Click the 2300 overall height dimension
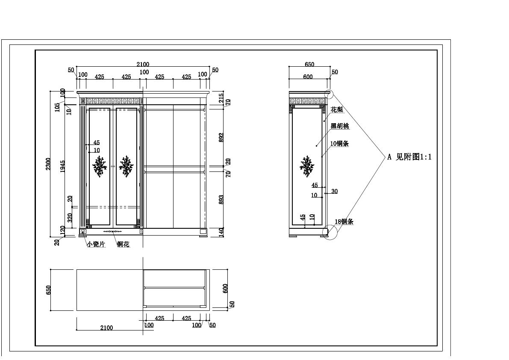tap(48, 164)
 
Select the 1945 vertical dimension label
tap(62, 166)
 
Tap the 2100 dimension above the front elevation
tap(143, 65)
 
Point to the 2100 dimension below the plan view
tap(106, 328)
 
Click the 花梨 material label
tap(337, 110)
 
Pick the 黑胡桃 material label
tap(340, 126)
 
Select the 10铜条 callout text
tap(340, 144)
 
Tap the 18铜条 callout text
tap(344, 222)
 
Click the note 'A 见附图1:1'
tap(409, 157)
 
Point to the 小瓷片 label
tap(96, 244)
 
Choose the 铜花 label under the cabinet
tap(123, 244)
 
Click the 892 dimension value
tap(221, 137)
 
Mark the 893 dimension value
tap(221, 200)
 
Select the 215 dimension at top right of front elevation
tap(221, 97)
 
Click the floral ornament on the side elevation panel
tap(307, 166)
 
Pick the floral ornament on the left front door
tap(100, 166)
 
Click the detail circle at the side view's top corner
tap(329, 94)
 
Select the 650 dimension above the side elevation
tap(309, 65)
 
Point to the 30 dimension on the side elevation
tap(334, 192)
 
